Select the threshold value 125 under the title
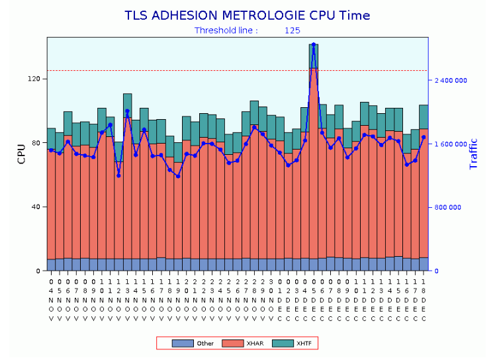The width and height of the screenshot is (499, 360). (293, 30)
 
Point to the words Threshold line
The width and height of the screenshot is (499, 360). (226, 30)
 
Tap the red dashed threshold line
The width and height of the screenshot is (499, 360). (199, 70)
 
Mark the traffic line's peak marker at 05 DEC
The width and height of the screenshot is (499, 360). (314, 44)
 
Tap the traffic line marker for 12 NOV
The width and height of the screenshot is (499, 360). (118, 175)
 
